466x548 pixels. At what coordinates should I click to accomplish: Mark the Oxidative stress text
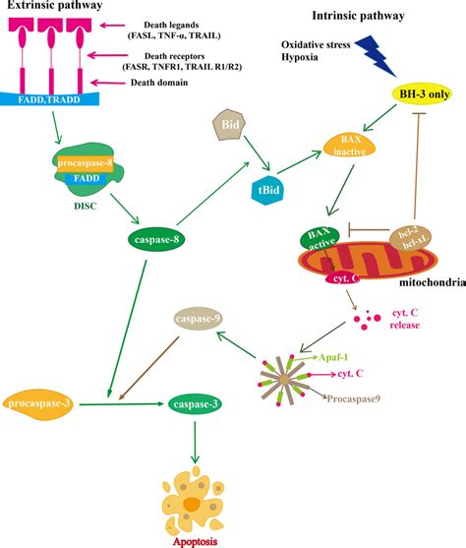click(314, 45)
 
